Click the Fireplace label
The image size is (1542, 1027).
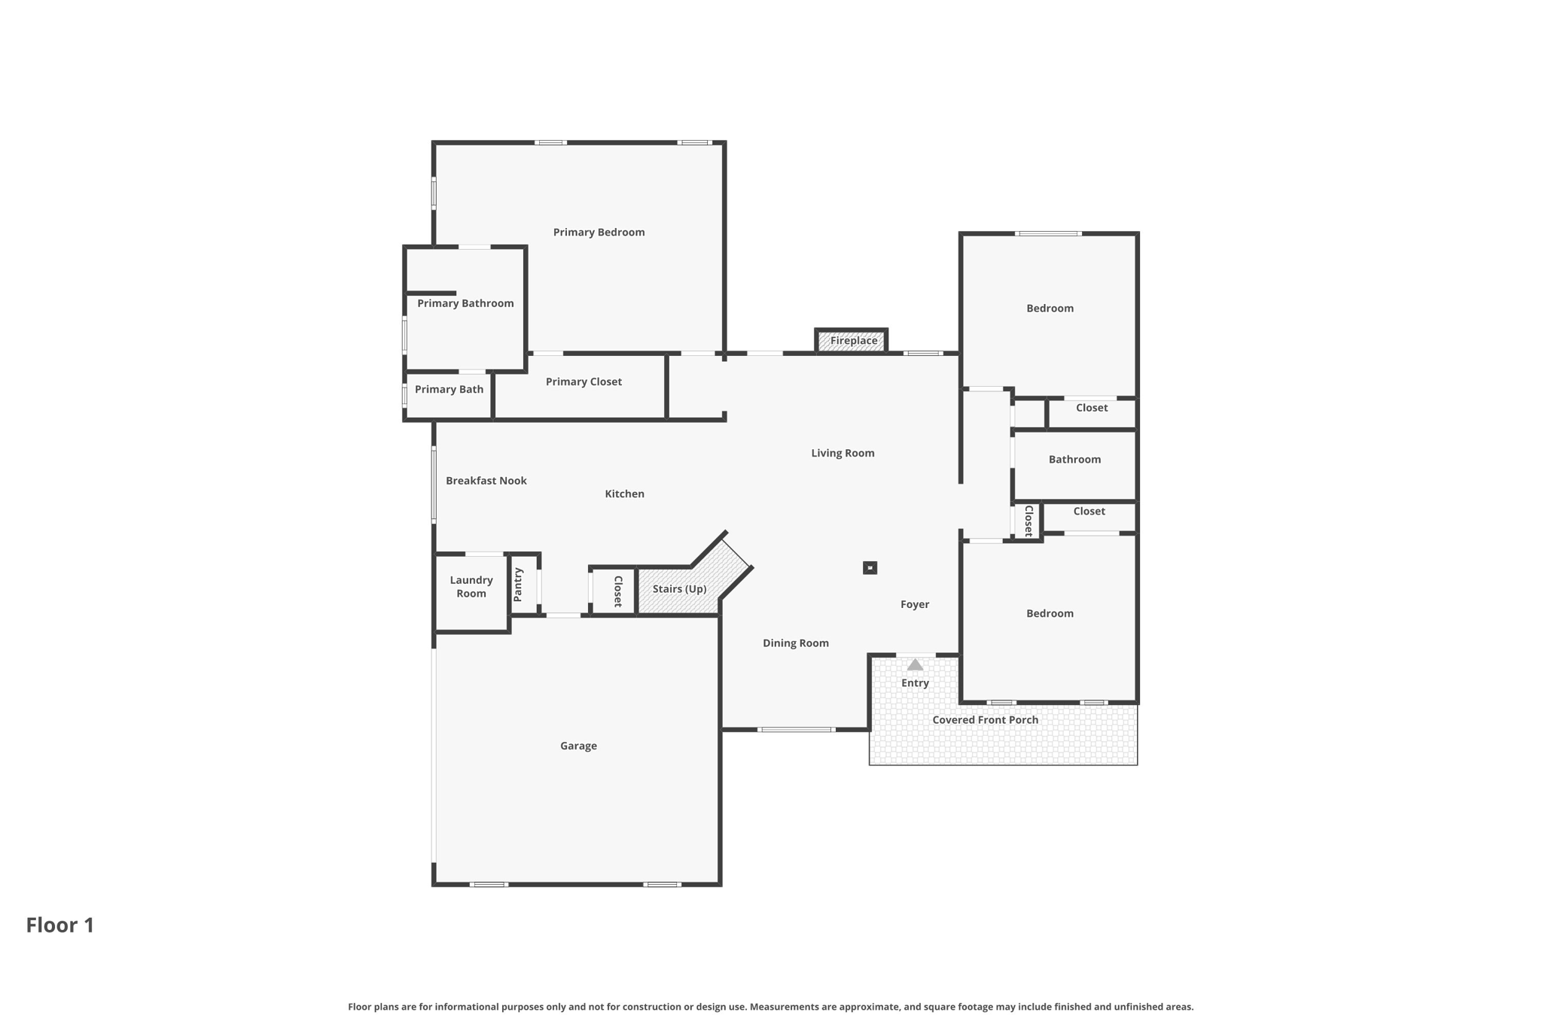point(854,341)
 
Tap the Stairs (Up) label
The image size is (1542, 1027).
point(679,589)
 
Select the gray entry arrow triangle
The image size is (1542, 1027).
point(915,664)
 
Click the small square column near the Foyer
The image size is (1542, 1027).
point(870,568)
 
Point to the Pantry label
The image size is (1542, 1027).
point(518,585)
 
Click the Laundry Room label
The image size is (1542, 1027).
point(471,587)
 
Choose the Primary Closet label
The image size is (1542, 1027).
point(584,382)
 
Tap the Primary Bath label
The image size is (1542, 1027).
point(449,390)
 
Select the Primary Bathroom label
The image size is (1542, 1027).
point(465,304)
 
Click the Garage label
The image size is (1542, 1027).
point(578,746)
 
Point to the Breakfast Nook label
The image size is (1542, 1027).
point(486,481)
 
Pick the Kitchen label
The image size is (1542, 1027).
point(625,494)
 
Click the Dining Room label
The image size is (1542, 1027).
point(796,643)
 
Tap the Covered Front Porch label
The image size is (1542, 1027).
point(986,720)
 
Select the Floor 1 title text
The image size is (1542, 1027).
point(60,925)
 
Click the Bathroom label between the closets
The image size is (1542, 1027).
point(1074,460)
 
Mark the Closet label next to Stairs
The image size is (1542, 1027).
point(618,591)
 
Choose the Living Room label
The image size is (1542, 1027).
point(843,454)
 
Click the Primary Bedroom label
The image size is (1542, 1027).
point(599,232)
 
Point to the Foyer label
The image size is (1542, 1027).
point(915,605)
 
